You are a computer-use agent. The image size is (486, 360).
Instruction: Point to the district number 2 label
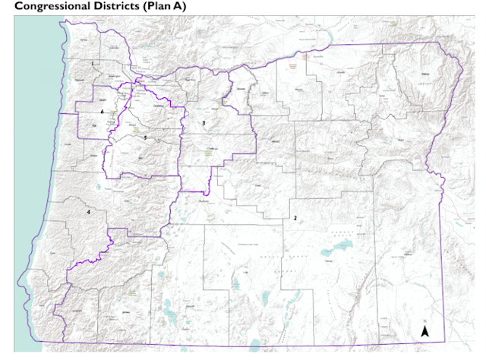pos(294,218)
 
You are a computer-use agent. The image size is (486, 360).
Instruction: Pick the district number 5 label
pos(145,137)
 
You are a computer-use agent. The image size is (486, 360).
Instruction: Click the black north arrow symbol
pos(425,331)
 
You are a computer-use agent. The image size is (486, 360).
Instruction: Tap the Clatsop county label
pos(84,39)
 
